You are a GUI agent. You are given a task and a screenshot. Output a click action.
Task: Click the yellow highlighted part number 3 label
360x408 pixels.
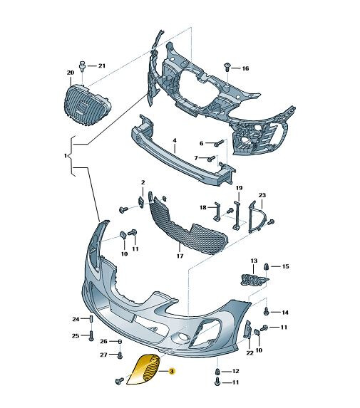tap(171, 371)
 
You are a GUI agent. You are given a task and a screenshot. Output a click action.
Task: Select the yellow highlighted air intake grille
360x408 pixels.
tap(143, 370)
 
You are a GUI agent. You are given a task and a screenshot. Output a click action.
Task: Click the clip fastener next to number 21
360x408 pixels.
tap(83, 66)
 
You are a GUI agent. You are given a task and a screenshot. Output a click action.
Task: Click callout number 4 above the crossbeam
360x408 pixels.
tap(175, 140)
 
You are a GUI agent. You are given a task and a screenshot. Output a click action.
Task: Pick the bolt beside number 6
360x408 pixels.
tap(219, 143)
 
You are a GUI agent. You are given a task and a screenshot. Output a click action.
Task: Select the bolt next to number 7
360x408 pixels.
tap(212, 158)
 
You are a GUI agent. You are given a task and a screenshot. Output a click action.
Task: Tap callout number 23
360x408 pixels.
tap(262, 195)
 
